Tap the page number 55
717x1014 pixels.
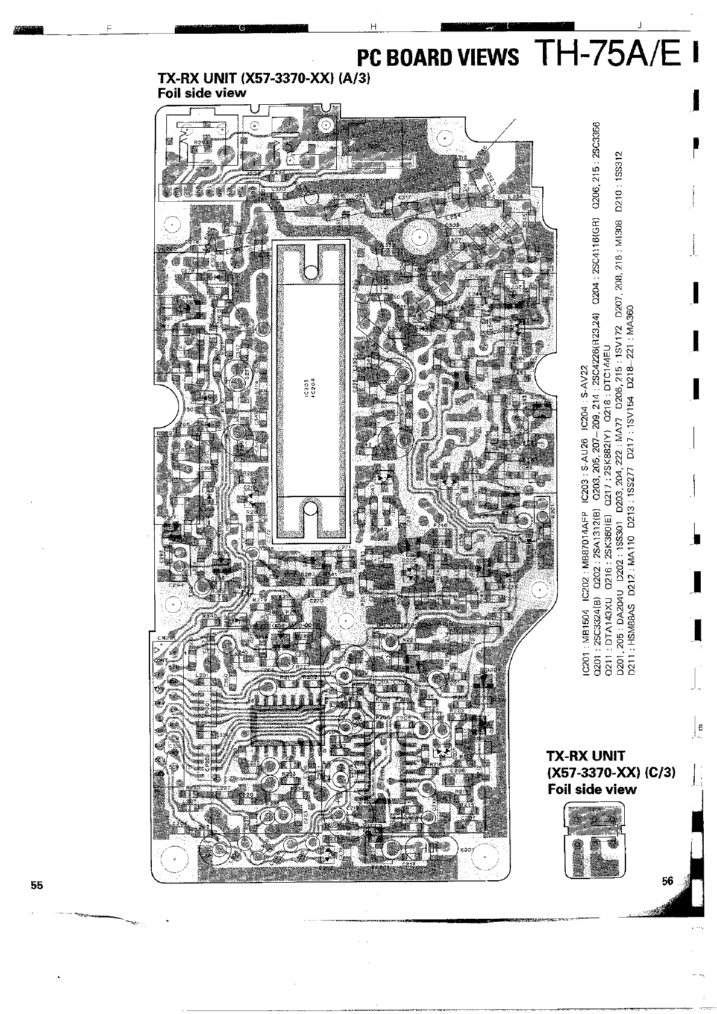(37, 885)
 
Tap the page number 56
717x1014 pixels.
(667, 880)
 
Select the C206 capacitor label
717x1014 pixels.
(458, 771)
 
